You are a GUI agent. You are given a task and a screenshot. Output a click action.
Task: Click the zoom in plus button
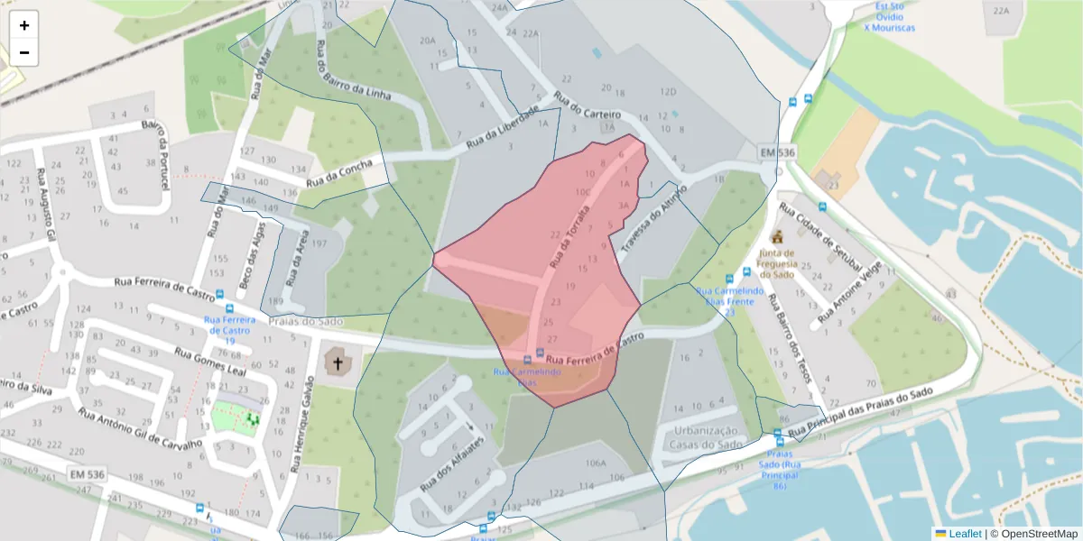[x=24, y=25]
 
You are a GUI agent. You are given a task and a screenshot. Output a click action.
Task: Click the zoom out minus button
[x=24, y=53]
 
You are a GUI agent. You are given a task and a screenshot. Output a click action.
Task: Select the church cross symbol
[x=338, y=363]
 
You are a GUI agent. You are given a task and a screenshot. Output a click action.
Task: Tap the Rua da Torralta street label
[x=569, y=238]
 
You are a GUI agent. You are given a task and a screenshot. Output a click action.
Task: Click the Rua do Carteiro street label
[x=588, y=106]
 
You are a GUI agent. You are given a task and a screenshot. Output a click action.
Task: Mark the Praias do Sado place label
[x=307, y=322]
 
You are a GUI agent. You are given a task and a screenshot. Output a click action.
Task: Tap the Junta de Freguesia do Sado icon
[x=776, y=237]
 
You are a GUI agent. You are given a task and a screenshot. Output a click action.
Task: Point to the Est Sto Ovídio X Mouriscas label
[x=889, y=17]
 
